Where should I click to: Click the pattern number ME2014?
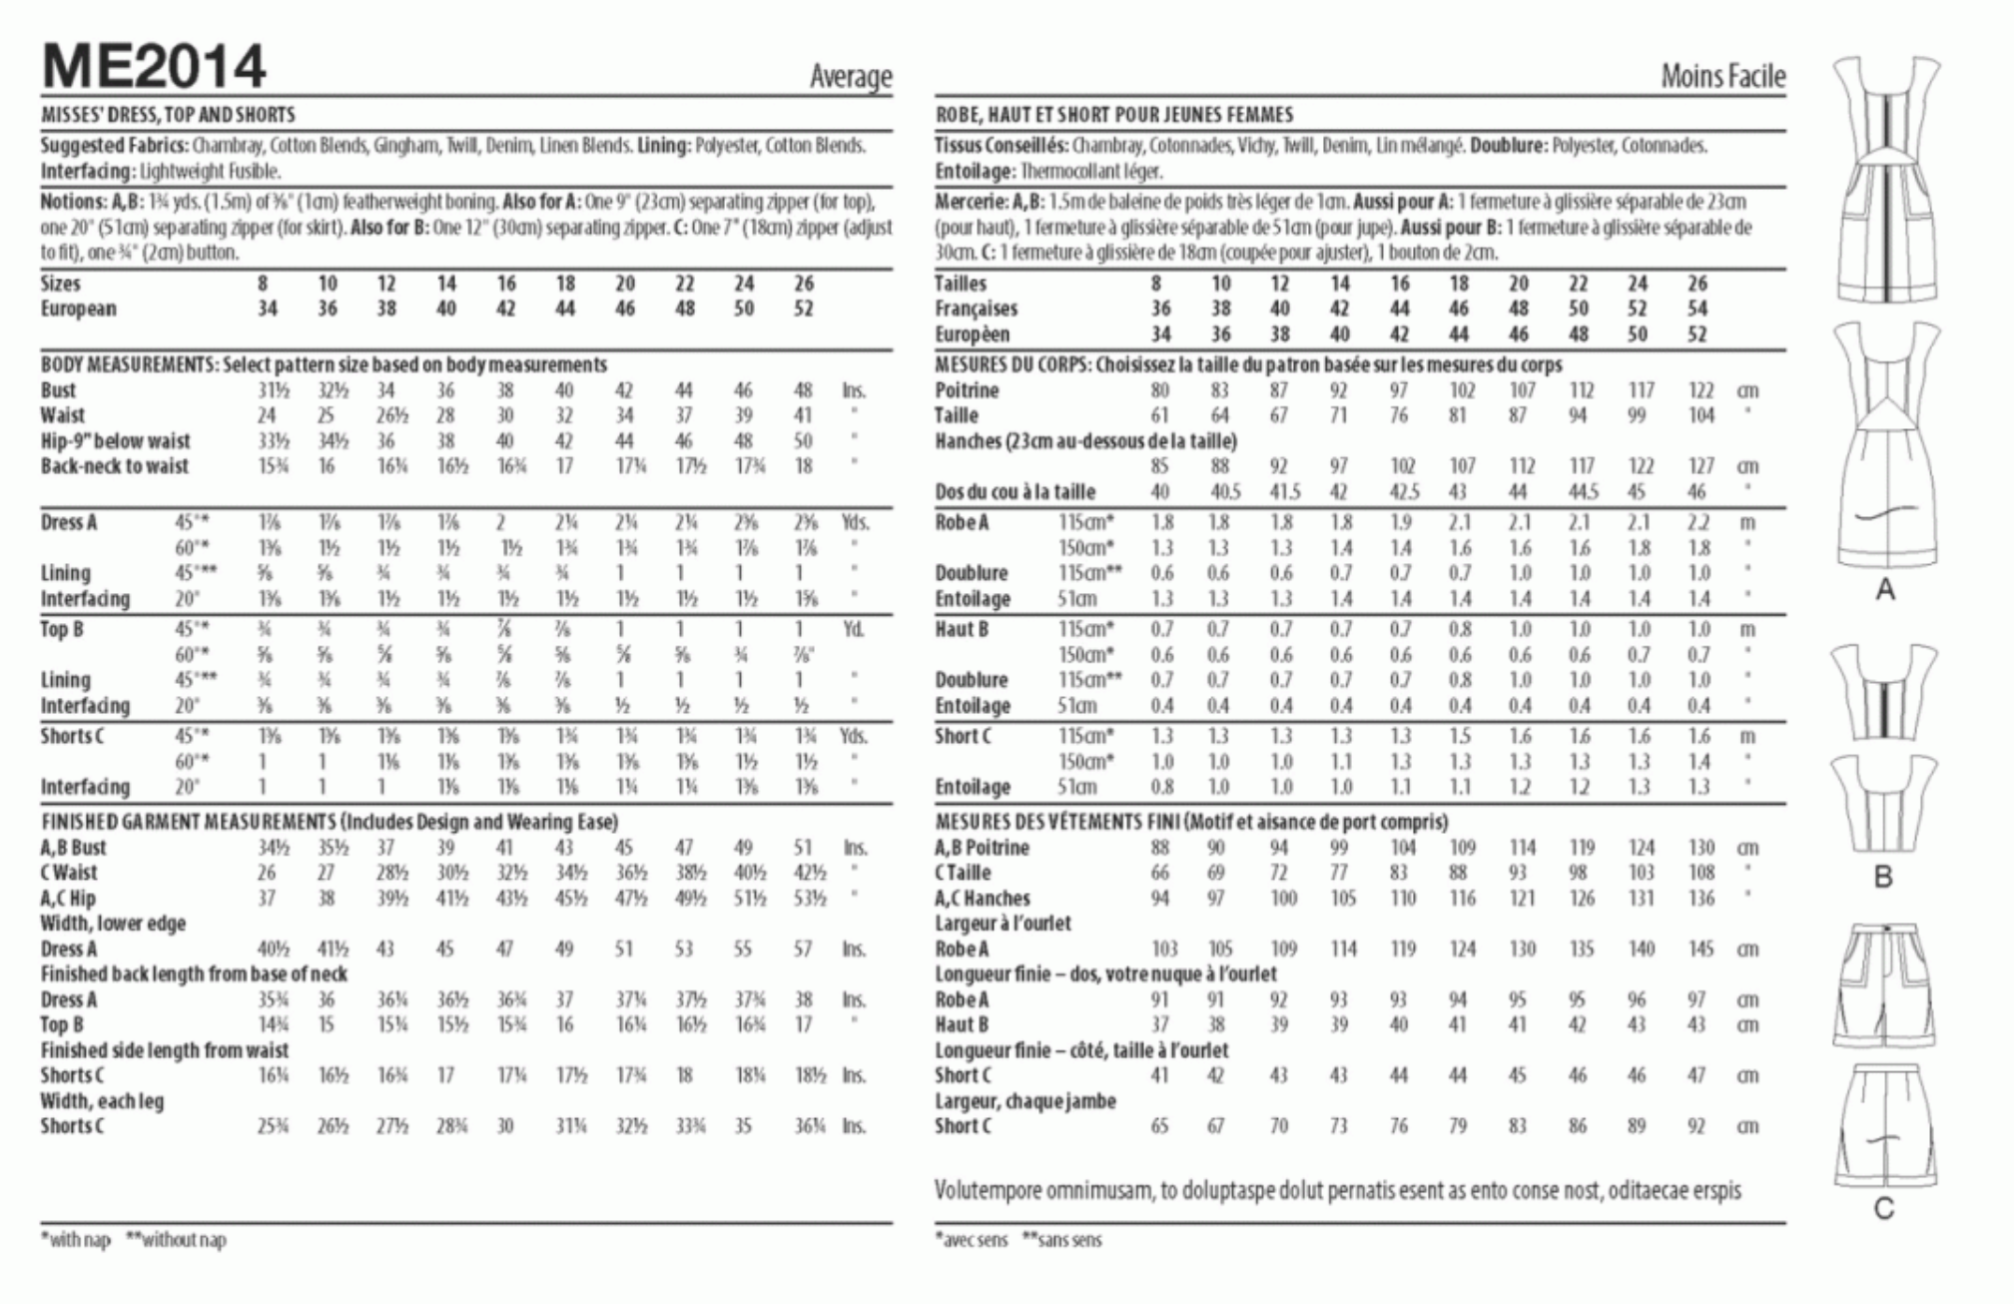click(x=154, y=67)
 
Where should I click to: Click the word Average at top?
click(x=851, y=77)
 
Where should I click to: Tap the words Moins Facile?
click(x=1722, y=77)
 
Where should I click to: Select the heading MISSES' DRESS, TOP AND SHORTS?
click(x=168, y=115)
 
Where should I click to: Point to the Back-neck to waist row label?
click(x=115, y=466)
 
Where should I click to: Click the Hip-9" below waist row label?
click(x=115, y=441)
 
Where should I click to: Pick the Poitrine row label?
click(x=967, y=390)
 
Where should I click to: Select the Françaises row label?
click(x=976, y=309)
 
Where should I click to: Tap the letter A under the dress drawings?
click(x=1884, y=590)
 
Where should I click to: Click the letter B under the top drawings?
click(x=1883, y=877)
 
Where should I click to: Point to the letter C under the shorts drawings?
click(x=1883, y=1209)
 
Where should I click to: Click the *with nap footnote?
click(x=76, y=1240)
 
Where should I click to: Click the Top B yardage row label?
click(x=62, y=629)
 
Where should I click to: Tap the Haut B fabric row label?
click(x=962, y=629)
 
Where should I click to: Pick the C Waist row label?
click(x=69, y=873)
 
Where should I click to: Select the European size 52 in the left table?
click(x=804, y=309)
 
